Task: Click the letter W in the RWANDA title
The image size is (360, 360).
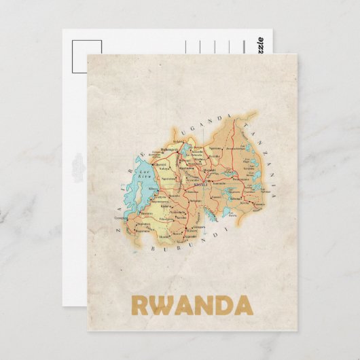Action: coord(158,304)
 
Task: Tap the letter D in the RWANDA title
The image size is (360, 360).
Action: coord(219,304)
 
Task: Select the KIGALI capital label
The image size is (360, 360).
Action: coord(200,184)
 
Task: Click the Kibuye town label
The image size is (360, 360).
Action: coord(152,193)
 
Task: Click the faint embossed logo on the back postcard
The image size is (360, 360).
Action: coord(75,162)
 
